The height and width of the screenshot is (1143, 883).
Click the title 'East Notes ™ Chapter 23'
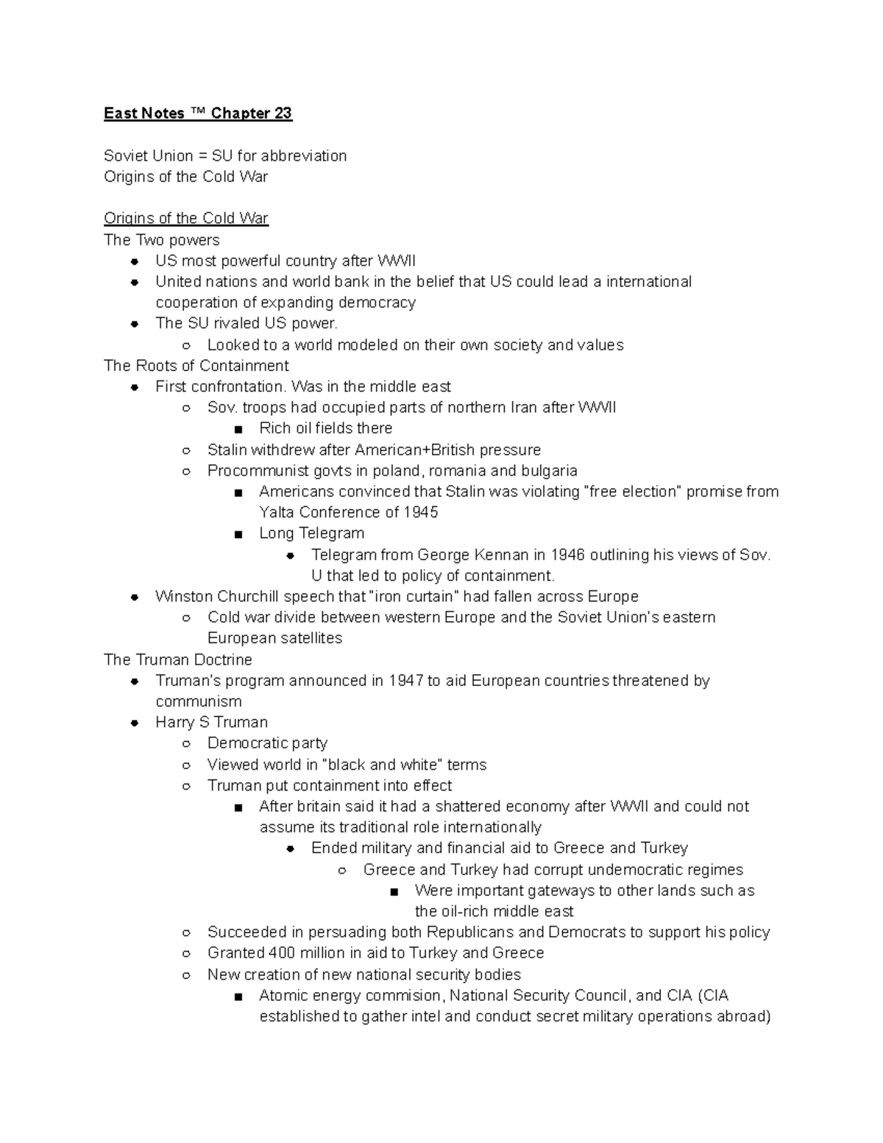[x=198, y=113]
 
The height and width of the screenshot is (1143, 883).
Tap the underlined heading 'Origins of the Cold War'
[x=186, y=219]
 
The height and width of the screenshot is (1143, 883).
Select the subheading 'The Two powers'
[x=162, y=240]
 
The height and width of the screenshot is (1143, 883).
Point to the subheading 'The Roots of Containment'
[x=196, y=366]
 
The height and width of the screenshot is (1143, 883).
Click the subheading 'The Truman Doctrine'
[x=178, y=659]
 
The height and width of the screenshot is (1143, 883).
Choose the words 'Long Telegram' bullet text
[x=311, y=533]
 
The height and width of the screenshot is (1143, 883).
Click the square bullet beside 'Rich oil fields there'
[x=238, y=429]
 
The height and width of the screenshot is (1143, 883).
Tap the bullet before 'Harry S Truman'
[x=135, y=723]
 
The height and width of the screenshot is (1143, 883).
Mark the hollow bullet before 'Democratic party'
[x=187, y=744]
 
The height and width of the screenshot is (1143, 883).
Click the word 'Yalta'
[x=276, y=512]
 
